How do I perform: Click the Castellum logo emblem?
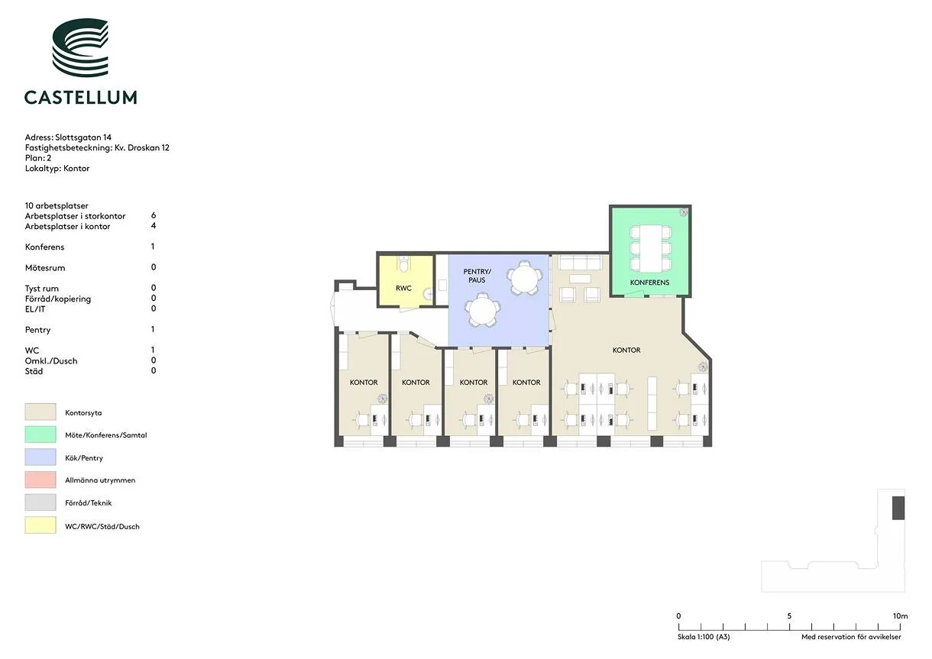(x=80, y=47)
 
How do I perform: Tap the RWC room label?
(x=403, y=288)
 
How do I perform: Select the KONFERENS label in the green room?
(x=649, y=283)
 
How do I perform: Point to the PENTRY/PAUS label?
(x=477, y=276)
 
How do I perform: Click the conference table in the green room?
(x=650, y=248)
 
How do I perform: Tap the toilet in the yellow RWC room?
(x=403, y=263)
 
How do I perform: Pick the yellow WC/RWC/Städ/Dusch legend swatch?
(x=40, y=525)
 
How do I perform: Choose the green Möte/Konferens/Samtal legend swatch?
(x=40, y=434)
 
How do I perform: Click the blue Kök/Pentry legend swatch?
(x=40, y=457)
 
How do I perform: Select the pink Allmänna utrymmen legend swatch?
(x=40, y=480)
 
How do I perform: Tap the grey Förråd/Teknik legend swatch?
(x=40, y=502)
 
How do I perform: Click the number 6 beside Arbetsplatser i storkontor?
(x=154, y=215)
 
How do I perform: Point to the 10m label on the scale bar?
(x=900, y=615)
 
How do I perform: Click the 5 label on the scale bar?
(x=789, y=615)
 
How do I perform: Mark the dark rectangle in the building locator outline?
(x=898, y=508)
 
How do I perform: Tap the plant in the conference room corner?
(x=684, y=212)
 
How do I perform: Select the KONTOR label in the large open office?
(x=626, y=350)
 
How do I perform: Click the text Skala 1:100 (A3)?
(x=704, y=637)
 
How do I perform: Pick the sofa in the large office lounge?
(x=581, y=263)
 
